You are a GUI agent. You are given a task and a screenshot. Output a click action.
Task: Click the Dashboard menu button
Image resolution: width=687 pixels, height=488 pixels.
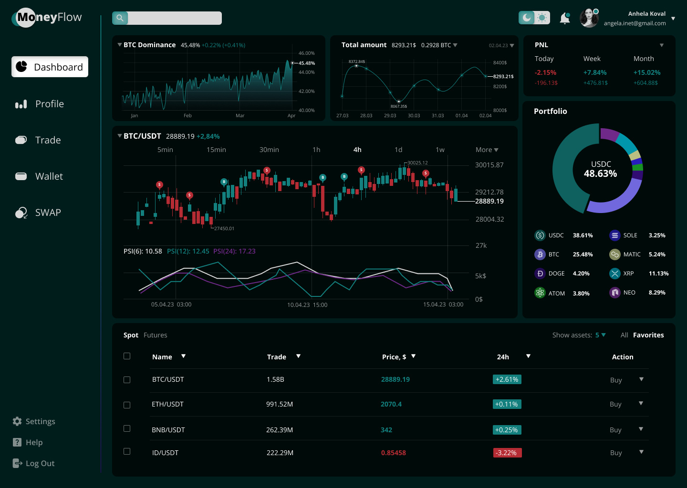pos(50,67)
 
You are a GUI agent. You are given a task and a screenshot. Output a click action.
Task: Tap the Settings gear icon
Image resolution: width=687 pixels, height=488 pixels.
pos(18,421)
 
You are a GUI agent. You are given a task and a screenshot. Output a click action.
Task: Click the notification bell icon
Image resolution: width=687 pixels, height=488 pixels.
pos(565,18)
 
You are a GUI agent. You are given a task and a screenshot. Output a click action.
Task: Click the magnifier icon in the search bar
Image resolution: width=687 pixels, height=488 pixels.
pos(120,18)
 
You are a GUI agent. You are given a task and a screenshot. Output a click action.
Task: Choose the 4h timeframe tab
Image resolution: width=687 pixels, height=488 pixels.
pos(357,150)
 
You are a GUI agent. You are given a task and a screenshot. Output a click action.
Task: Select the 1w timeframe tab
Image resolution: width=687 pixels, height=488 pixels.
pos(440,150)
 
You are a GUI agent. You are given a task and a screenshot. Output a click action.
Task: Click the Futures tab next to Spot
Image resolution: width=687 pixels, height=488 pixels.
pos(156,335)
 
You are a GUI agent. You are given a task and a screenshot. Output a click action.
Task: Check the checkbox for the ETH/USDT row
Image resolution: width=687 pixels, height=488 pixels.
pos(127,405)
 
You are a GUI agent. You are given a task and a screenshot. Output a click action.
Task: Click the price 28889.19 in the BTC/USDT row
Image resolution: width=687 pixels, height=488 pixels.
pos(395,379)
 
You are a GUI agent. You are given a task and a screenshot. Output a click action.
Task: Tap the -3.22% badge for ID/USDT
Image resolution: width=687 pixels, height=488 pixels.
pos(507,453)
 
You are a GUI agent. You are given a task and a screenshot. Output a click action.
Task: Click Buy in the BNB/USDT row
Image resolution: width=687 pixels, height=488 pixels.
pos(615,430)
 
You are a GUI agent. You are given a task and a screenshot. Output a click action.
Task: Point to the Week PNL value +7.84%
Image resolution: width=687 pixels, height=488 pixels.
pos(595,72)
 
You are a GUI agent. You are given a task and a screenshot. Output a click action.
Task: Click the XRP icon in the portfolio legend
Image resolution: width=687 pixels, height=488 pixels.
pos(614,274)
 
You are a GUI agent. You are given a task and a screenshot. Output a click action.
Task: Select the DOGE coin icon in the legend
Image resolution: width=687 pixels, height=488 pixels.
pos(540,274)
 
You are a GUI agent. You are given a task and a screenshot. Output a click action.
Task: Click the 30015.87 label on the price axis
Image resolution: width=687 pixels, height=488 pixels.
pos(489,165)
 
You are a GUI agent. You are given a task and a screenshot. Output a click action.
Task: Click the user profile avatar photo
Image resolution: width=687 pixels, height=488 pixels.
pos(589,18)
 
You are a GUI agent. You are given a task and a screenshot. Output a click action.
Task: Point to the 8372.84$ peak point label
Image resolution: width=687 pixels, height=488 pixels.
pos(356,61)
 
